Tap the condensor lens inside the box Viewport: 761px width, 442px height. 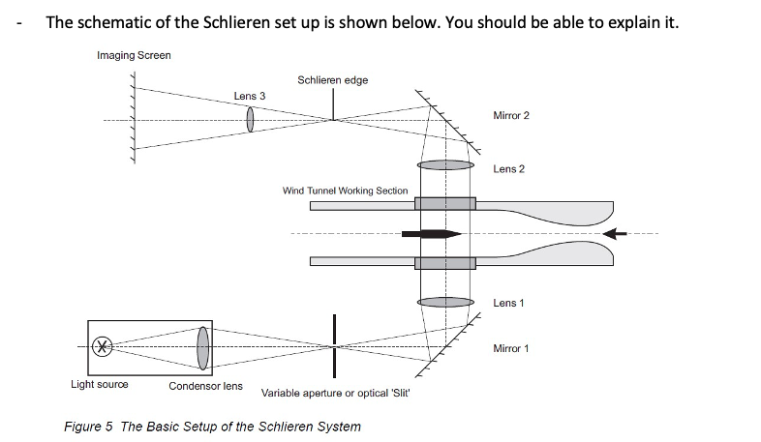click(202, 346)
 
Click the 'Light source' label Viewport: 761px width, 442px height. click(99, 384)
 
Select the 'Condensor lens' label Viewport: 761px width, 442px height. click(205, 386)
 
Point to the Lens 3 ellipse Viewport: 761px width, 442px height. click(250, 119)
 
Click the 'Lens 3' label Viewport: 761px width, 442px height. click(249, 96)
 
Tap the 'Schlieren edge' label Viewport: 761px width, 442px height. click(332, 79)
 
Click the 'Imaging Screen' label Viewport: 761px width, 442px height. click(134, 55)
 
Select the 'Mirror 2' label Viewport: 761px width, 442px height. click(511, 115)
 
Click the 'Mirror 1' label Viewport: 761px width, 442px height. click(511, 348)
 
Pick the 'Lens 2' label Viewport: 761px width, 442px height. click(508, 169)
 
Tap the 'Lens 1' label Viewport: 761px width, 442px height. click(508, 303)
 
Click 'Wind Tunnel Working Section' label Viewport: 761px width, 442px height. click(345, 191)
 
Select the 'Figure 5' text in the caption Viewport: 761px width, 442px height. click(87, 427)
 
